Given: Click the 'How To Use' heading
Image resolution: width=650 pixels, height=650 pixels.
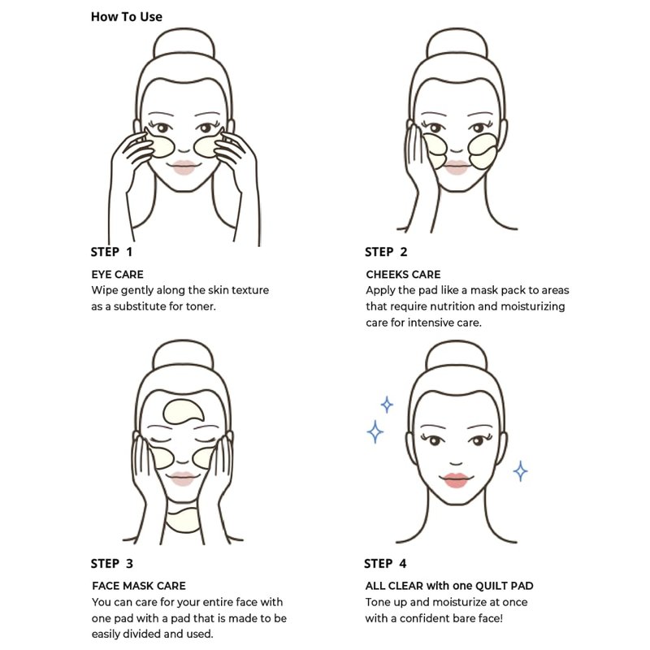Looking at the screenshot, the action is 127,17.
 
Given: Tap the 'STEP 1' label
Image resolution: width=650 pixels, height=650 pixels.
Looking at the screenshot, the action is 111,252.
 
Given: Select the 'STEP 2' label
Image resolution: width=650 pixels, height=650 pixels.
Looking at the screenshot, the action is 386,252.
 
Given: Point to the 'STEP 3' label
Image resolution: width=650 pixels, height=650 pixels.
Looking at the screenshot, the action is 112,564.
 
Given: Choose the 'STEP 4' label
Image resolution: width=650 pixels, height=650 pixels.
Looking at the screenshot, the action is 385,564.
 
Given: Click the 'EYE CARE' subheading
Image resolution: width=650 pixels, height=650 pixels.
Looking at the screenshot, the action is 117,275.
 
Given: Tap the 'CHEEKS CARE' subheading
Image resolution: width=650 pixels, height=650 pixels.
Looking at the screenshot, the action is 403,275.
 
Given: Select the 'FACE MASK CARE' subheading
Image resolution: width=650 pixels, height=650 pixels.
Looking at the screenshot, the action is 139,586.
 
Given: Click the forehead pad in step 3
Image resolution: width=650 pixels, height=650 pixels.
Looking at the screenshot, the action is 184,412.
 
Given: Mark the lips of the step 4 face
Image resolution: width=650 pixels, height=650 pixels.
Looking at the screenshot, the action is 456,480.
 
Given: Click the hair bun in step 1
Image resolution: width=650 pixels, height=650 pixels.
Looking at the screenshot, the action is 184,43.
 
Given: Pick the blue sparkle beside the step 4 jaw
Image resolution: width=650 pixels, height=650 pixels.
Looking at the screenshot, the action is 520,471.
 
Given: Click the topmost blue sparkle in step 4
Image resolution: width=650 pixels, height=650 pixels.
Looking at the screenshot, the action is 387,405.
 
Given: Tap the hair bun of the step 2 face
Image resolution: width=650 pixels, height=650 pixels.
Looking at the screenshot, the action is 457,43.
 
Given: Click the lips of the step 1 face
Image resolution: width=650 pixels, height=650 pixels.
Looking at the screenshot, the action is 184,167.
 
